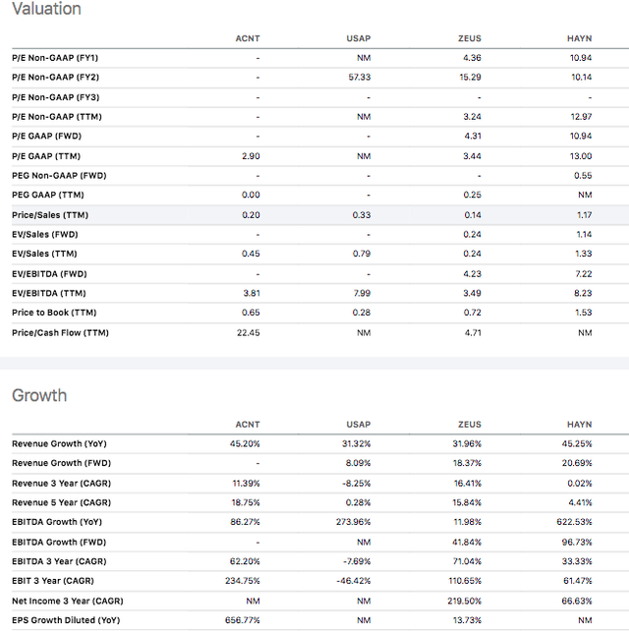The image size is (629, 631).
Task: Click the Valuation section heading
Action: [x=46, y=9]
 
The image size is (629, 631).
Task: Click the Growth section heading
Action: [x=39, y=396]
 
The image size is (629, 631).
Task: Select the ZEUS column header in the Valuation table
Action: [x=469, y=37]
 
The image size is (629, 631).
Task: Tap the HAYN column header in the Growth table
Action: [x=580, y=424]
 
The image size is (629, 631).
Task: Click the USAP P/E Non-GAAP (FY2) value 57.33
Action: [x=359, y=77]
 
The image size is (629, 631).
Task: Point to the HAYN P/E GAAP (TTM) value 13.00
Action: [x=581, y=155]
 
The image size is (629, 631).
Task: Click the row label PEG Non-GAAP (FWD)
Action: [x=59, y=175]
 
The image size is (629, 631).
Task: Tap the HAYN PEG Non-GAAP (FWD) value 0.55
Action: [x=582, y=175]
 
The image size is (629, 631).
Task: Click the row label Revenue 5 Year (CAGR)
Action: [x=60, y=502]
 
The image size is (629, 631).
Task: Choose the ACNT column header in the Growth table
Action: [x=247, y=424]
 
